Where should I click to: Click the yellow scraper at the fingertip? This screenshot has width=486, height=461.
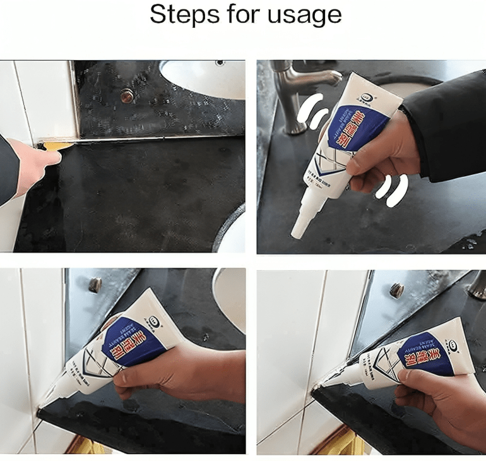pyautogui.click(x=57, y=146)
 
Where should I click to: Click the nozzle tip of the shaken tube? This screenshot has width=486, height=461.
pyautogui.click(x=295, y=234)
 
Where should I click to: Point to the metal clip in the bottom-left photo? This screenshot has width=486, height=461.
pyautogui.click(x=95, y=285)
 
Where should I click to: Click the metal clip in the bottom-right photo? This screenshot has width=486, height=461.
pyautogui.click(x=396, y=290)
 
